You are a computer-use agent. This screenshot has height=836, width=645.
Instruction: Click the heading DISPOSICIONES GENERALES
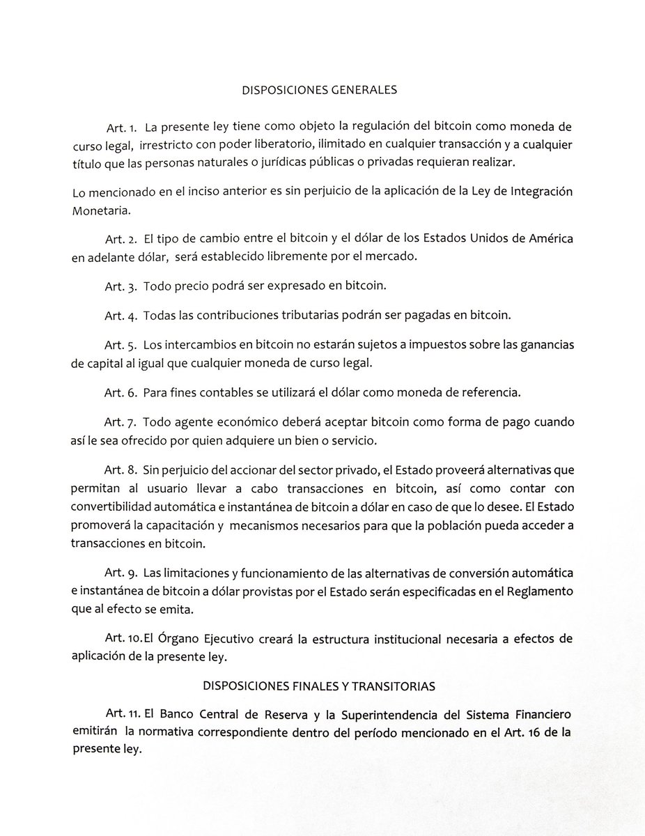coord(319,91)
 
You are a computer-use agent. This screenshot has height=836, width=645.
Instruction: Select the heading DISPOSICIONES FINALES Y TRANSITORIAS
coord(319,686)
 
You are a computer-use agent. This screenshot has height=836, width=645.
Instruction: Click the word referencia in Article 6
coord(489,393)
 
